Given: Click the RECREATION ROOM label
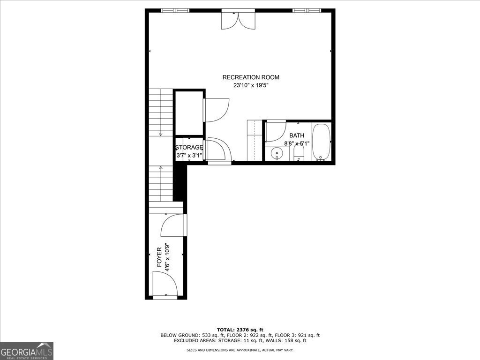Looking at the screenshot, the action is click(251, 77).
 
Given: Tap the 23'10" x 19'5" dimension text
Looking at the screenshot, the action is click(251, 86).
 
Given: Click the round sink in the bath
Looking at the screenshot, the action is click(277, 152).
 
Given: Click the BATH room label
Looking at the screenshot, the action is click(297, 135).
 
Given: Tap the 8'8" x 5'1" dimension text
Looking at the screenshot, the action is click(297, 143).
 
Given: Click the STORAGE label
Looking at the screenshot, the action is click(189, 148).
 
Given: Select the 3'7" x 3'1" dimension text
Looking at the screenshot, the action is click(189, 156).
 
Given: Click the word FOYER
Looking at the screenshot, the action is click(159, 257).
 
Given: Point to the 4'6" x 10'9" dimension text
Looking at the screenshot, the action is click(167, 257).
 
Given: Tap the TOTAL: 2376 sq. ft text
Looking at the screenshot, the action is click(240, 330).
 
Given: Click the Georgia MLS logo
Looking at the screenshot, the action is click(27, 351).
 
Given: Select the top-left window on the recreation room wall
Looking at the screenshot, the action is click(175, 10).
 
